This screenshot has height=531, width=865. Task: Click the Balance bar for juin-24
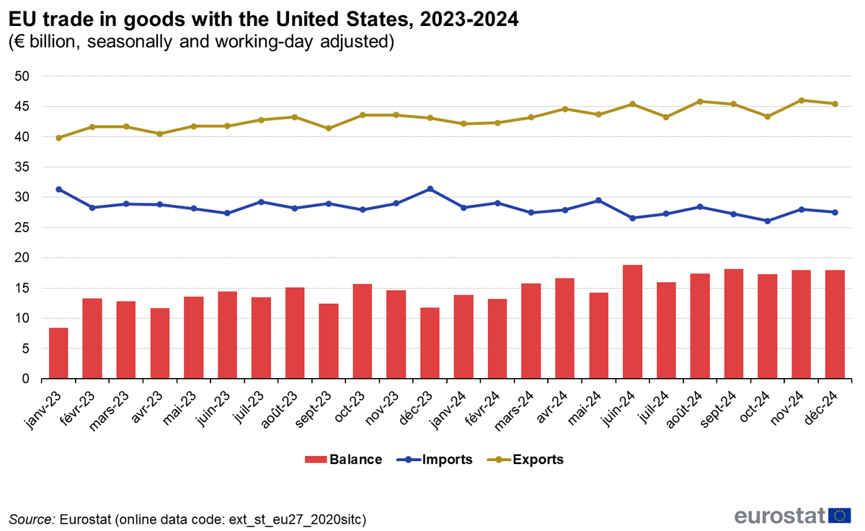pos(632,322)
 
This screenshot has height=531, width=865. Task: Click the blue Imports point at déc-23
pos(430,189)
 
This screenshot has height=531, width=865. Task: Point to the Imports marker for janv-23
pos(58,189)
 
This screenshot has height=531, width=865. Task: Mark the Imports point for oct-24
pos(768,221)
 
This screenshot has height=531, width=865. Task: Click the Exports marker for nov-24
pos(802,100)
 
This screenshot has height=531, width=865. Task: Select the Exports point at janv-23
pos(58,138)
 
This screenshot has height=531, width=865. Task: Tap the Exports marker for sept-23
pos(329,128)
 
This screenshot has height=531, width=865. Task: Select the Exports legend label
pos(538,460)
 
